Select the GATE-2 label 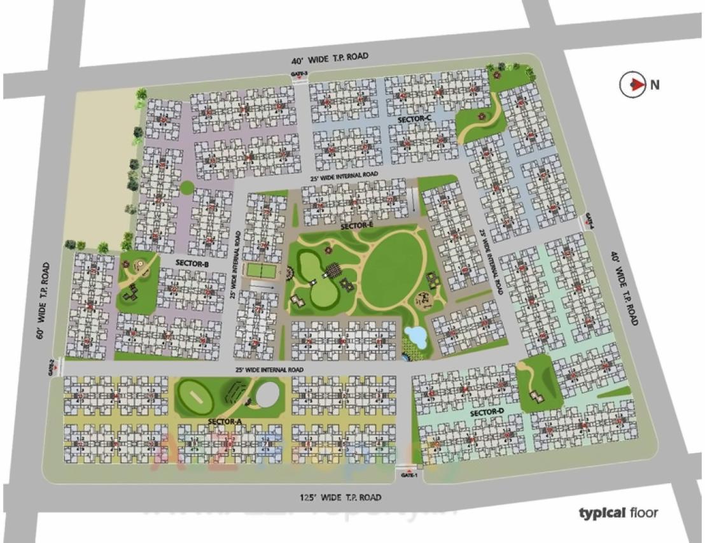(52, 367)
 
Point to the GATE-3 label (299, 74)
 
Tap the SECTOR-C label (414, 119)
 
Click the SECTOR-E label (357, 226)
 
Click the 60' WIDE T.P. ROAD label (42, 299)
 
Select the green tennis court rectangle (260, 269)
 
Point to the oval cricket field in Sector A (196, 397)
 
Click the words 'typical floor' (618, 512)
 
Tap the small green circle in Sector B (186, 188)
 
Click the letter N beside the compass (654, 85)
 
